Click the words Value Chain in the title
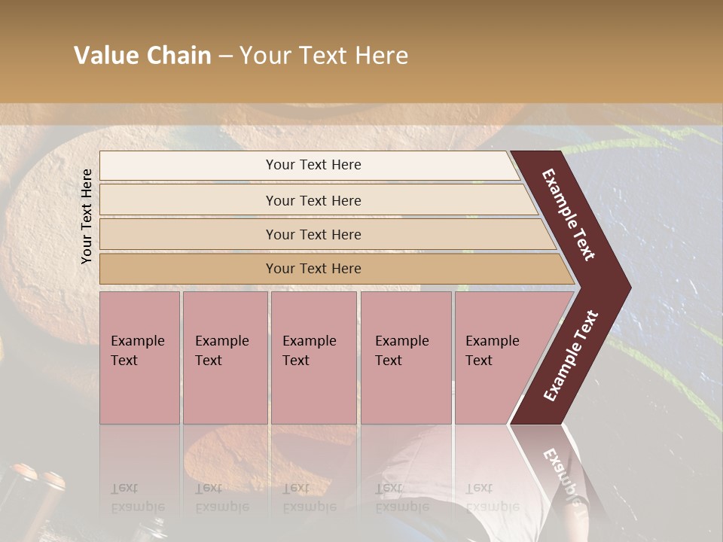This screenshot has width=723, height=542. (142, 56)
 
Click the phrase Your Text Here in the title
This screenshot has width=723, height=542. (324, 56)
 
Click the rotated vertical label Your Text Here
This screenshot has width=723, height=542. (87, 216)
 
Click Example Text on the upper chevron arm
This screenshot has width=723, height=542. (569, 215)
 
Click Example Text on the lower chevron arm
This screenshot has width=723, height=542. (571, 356)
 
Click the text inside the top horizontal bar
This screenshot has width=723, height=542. (313, 165)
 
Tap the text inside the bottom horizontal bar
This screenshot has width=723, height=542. (313, 269)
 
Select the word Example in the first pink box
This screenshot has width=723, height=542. (137, 341)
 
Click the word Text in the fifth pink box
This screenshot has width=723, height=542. (479, 361)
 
